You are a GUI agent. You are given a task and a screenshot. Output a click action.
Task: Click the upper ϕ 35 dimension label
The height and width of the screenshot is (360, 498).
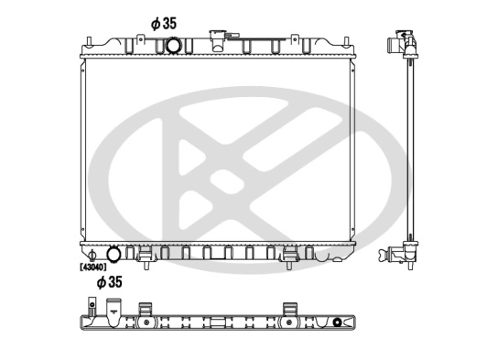(x=163, y=21)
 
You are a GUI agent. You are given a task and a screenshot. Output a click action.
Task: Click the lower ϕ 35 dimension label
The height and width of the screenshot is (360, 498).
(x=111, y=282)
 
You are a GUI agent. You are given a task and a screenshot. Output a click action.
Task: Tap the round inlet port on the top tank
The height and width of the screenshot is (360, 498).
(x=170, y=47)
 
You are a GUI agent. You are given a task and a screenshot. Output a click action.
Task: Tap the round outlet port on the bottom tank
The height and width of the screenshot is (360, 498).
(x=114, y=254)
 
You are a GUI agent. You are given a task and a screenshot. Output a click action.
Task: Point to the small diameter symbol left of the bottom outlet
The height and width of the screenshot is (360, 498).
(x=92, y=254)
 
